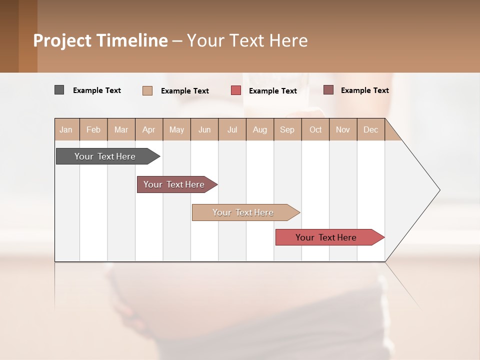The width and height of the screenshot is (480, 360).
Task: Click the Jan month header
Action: pos(66,129)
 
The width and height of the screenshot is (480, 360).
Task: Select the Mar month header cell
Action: pos(121,129)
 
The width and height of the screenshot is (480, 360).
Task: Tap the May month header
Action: pos(176,129)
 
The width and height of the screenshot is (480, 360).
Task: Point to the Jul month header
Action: pos(232,129)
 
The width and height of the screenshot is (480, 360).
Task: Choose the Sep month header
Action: pos(287,129)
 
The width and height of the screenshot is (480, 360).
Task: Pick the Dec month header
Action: pos(370,129)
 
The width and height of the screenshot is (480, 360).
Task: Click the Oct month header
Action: pos(315,129)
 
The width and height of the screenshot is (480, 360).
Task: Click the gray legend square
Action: pos(59,90)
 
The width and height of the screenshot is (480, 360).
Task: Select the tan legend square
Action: pos(147,90)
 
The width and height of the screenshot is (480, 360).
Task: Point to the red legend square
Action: pos(236,90)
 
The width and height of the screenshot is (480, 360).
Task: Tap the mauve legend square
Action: pos(328,90)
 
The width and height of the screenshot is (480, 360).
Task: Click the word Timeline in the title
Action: pos(131,40)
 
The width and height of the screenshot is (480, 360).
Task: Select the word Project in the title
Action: pos(62,40)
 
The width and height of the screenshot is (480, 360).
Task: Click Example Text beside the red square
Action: pos(273,91)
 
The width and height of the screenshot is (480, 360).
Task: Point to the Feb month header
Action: pos(93,129)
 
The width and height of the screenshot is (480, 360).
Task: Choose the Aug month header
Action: pos(260,129)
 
